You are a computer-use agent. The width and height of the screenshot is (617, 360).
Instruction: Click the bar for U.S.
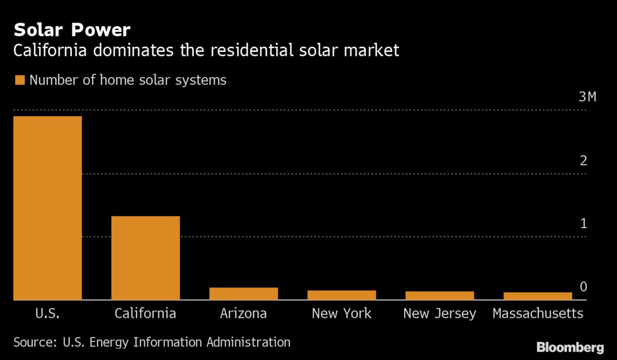(47, 208)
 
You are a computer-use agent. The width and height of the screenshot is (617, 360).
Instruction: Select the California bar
(146, 258)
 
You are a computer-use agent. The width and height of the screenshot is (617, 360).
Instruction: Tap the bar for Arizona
(244, 294)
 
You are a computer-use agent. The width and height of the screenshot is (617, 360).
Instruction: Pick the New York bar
(341, 295)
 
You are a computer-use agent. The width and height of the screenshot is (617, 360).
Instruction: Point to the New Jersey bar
(440, 295)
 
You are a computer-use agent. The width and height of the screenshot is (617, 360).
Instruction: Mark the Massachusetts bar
(538, 296)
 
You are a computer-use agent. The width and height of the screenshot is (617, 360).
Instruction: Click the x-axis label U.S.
(47, 314)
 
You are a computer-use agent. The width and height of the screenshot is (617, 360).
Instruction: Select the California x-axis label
(146, 314)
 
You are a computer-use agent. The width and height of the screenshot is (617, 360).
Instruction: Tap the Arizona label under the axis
(244, 314)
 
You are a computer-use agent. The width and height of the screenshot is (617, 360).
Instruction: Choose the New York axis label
(341, 314)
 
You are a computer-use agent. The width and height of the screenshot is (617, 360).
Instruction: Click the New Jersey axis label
(440, 314)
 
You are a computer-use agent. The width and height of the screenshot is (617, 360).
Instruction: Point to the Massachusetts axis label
(538, 314)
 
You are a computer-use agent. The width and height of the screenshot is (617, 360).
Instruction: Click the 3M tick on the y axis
(587, 97)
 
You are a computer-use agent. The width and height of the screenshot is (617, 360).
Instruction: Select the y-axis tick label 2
(583, 161)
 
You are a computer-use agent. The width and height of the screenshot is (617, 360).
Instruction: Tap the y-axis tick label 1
(583, 224)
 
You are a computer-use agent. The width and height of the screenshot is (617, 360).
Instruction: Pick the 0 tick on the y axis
(583, 287)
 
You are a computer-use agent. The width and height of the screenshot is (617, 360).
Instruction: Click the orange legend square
(20, 80)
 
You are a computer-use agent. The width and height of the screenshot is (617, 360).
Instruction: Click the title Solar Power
(72, 30)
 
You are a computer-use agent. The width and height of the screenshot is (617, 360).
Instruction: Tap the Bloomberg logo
(571, 347)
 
